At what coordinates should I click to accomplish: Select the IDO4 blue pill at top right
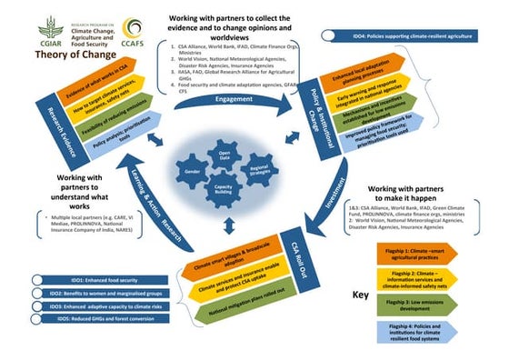(x=408, y=35)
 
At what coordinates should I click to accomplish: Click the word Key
(x=361, y=295)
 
